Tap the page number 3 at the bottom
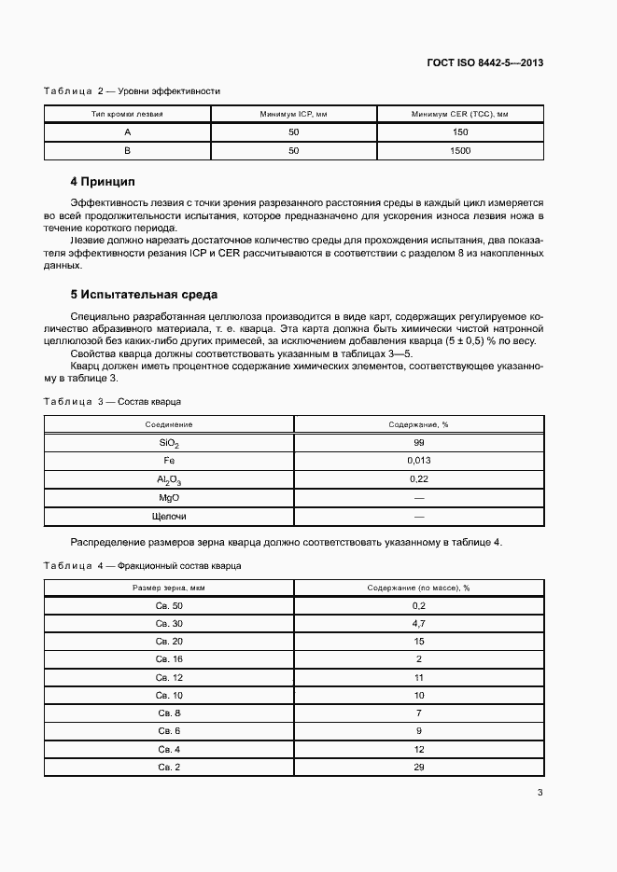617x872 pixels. tap(540, 794)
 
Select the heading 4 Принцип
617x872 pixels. tap(103, 180)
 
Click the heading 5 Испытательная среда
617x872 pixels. tap(144, 296)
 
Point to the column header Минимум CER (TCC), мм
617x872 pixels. tap(459, 115)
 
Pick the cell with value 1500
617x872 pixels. tap(459, 150)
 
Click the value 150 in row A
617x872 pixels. tap(459, 132)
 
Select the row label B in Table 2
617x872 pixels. tap(128, 150)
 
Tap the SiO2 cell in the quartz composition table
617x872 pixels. tap(169, 443)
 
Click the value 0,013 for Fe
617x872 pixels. tap(418, 461)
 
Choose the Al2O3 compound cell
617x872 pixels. tap(169, 479)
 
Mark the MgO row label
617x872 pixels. tap(169, 497)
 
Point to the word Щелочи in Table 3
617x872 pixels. tap(169, 516)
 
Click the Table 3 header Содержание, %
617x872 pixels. tap(418, 425)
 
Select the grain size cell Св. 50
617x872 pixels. tap(169, 606)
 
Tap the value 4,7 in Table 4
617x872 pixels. tap(418, 624)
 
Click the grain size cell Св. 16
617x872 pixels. tap(169, 659)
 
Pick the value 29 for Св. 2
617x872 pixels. tap(418, 767)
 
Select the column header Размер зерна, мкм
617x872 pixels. tap(169, 588)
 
